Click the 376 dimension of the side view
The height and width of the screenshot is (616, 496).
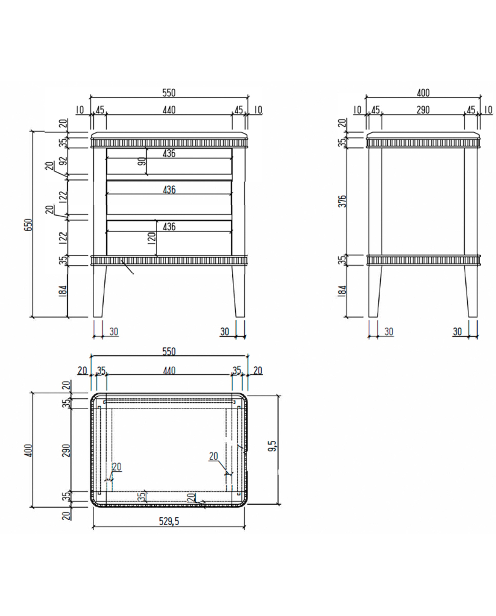[343, 201]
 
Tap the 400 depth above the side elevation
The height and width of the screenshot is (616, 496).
[423, 93]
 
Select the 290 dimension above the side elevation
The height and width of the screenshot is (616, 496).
[423, 110]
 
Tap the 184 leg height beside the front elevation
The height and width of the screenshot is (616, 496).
[63, 291]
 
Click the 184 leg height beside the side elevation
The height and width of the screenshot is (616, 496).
[343, 291]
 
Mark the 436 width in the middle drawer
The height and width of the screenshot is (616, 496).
[169, 190]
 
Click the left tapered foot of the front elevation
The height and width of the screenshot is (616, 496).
[99, 291]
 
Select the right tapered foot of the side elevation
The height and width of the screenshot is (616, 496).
[471, 291]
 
